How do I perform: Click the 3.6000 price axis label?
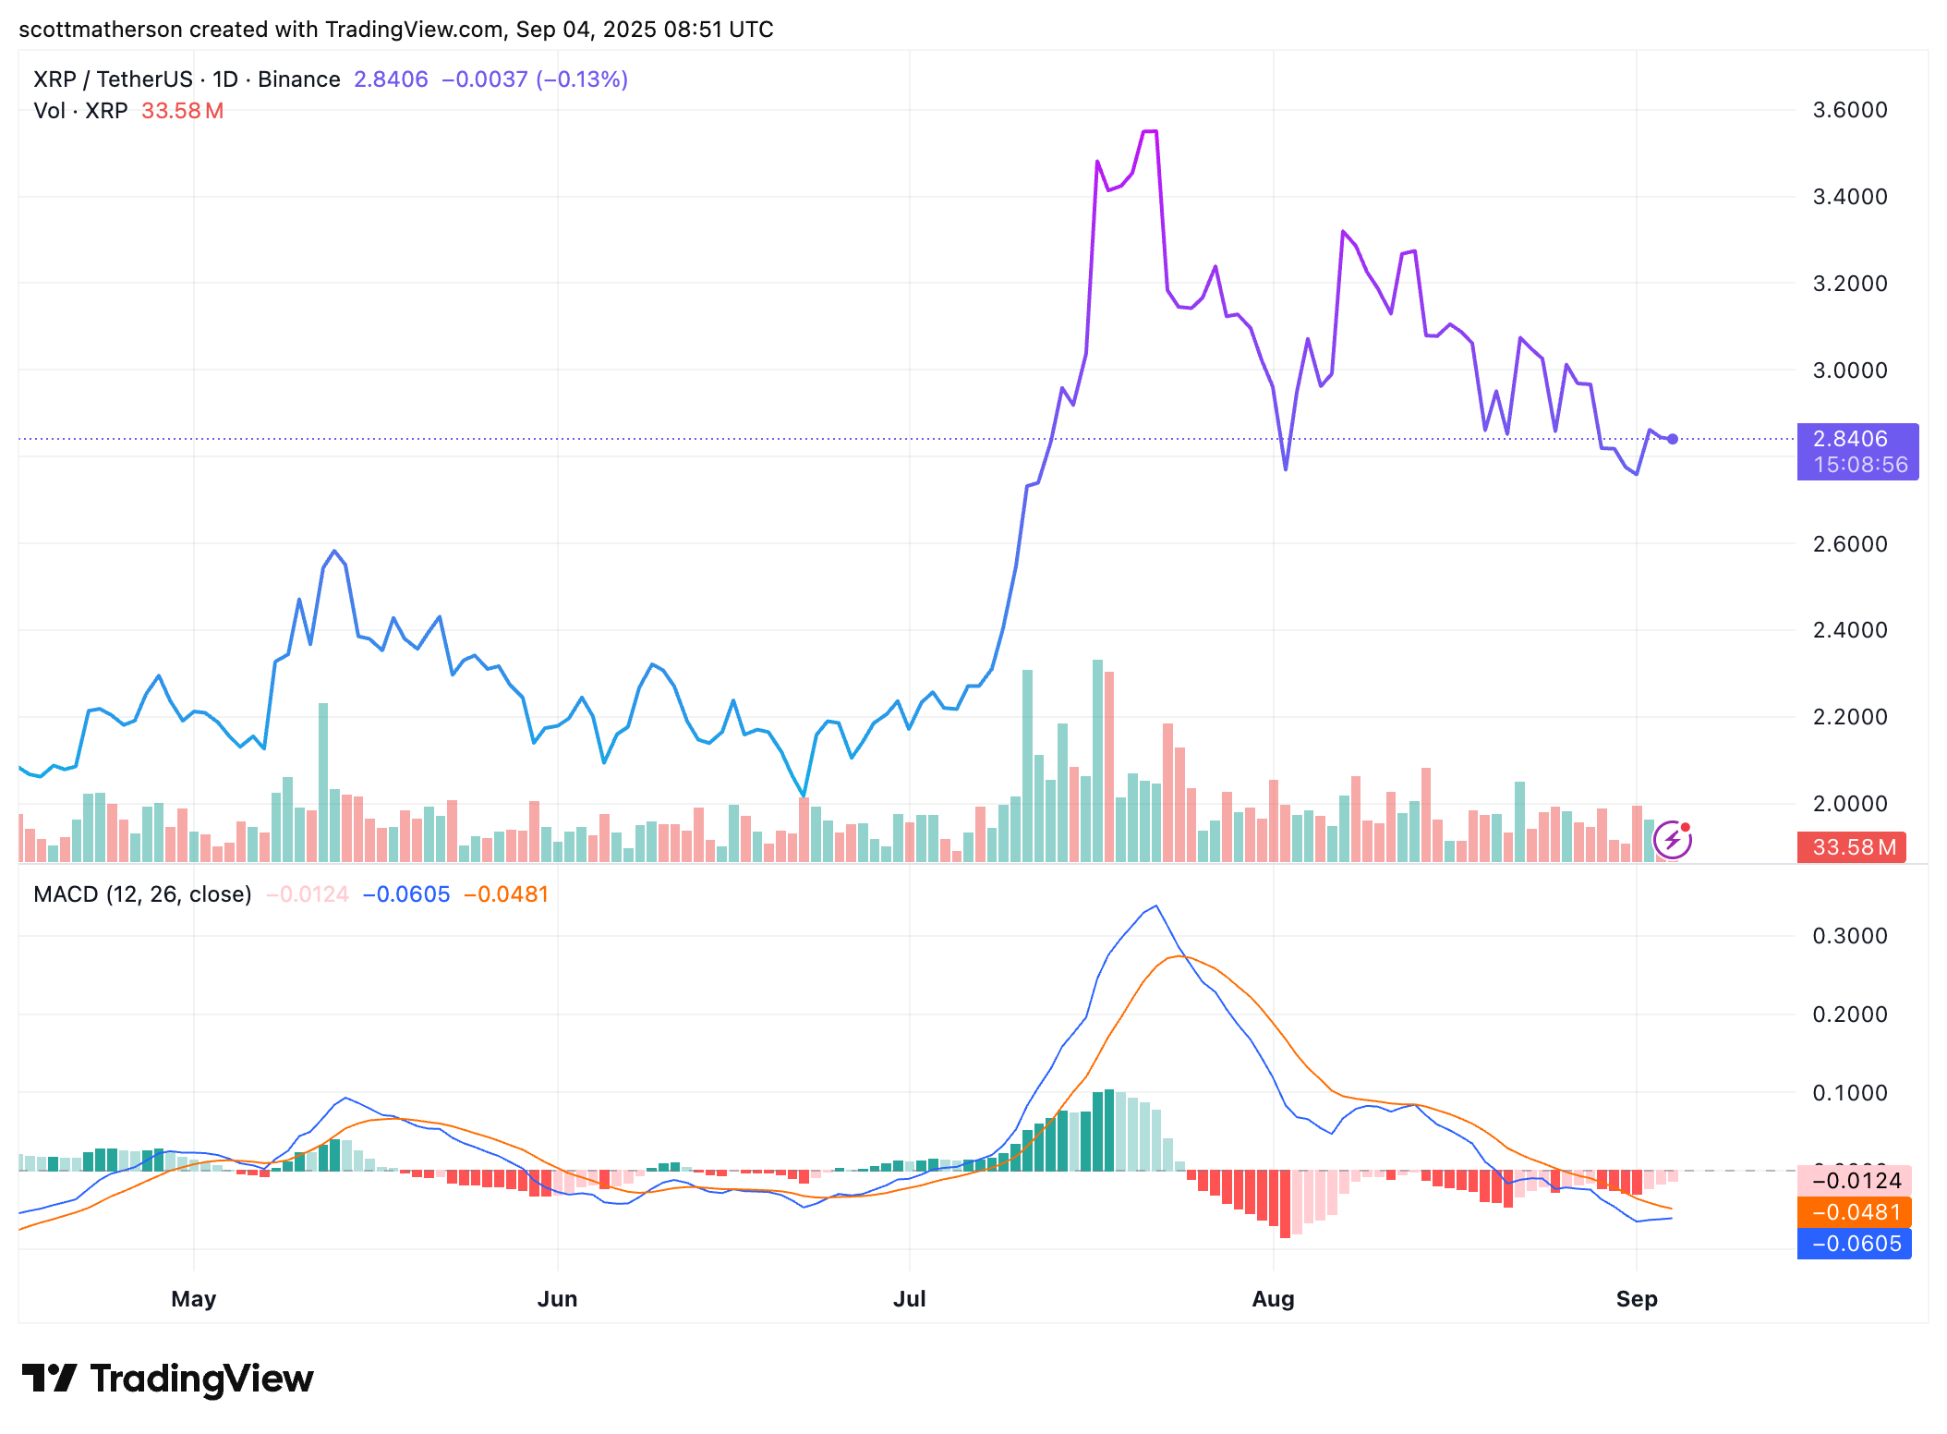click(1849, 110)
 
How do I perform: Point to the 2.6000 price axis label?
click(1849, 543)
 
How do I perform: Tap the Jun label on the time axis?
click(557, 1298)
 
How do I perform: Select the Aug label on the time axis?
click(1273, 1298)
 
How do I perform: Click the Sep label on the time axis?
click(1636, 1298)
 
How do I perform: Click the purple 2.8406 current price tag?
click(1856, 451)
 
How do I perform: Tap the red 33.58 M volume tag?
click(1851, 847)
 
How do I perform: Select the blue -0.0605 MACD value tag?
click(1855, 1244)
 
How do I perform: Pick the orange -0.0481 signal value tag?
click(1855, 1212)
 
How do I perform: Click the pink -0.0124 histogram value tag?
click(1855, 1181)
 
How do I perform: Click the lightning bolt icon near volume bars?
click(1672, 840)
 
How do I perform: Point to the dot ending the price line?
click(1672, 439)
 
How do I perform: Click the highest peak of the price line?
click(1150, 132)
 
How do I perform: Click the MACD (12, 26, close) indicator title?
click(142, 894)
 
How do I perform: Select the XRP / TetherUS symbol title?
click(113, 79)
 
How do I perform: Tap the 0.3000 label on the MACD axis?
click(1849, 936)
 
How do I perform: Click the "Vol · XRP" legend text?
click(80, 111)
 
